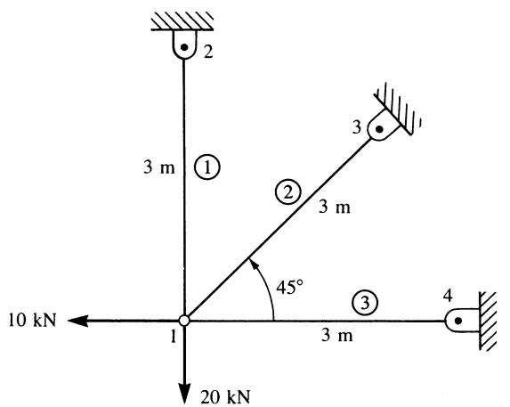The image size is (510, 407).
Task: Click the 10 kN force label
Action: coord(32,320)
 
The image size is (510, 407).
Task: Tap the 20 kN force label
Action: coord(225,397)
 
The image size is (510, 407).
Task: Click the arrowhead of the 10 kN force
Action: coord(77,321)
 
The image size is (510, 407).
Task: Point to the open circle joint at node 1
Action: coord(184,321)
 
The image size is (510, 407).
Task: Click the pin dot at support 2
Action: coord(184,47)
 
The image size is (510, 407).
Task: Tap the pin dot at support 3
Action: coord(379,129)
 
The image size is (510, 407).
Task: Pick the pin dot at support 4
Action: coord(458,322)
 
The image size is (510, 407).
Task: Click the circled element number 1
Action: coord(207,167)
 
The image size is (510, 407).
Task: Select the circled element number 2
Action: coord(288,192)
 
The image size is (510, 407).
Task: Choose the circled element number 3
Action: coord(365,303)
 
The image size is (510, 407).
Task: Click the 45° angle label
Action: coord(289,287)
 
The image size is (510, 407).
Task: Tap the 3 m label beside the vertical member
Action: coord(159,167)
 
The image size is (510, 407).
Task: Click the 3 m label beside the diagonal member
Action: coord(335,207)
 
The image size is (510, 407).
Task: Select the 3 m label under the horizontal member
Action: coord(337,335)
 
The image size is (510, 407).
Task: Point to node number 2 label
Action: coord(208,51)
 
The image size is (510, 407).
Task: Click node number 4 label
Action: coord(448,296)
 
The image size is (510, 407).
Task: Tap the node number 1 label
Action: coord(174,336)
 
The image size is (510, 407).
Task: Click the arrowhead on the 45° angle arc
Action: coord(253,264)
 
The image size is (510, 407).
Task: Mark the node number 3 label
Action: coord(357,127)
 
